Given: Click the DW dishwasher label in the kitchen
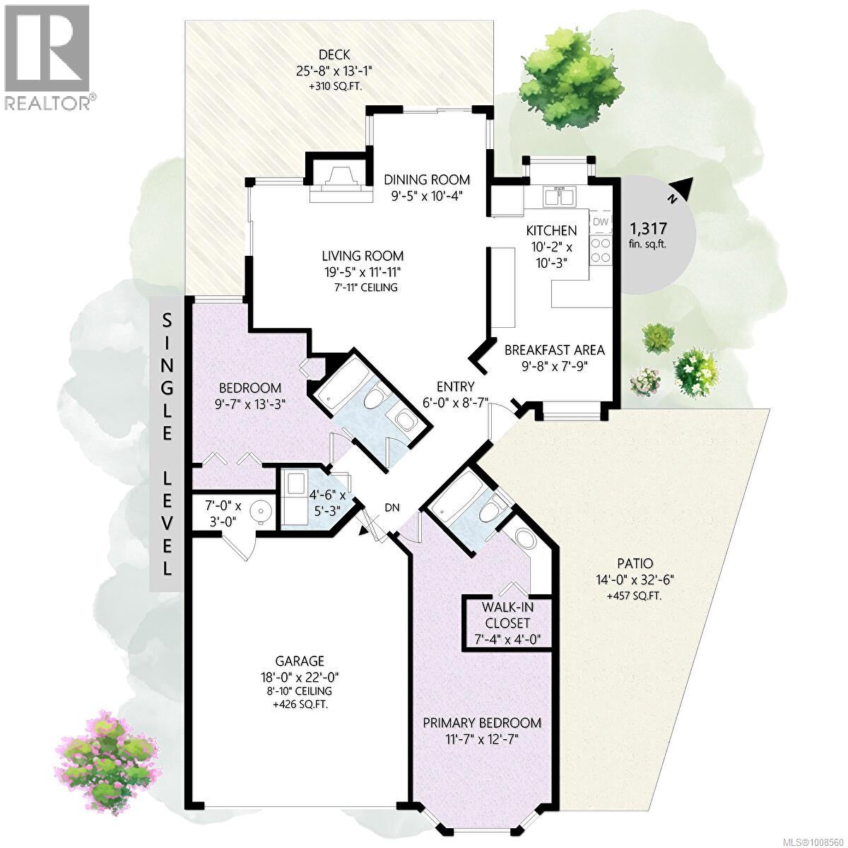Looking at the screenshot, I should tap(600, 222).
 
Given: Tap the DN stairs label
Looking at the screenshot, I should tap(393, 507).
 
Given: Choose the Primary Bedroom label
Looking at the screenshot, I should tap(482, 722).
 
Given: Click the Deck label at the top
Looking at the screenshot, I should tap(334, 55).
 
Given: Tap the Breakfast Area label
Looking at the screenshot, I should tap(554, 349).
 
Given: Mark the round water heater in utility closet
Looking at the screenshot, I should tap(261, 512).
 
